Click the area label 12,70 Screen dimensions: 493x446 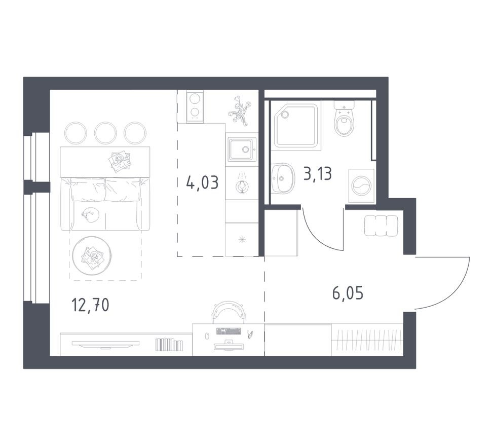point(91,305)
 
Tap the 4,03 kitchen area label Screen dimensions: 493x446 point(202,182)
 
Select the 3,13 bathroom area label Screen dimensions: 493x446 point(318,173)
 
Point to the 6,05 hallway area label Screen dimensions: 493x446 point(348,293)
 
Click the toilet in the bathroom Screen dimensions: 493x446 point(344,119)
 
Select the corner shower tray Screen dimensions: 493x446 point(297,126)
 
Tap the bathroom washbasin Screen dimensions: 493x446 point(282,178)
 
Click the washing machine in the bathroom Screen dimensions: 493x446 point(361,186)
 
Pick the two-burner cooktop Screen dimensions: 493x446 point(195,106)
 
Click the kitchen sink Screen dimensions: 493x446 point(241,150)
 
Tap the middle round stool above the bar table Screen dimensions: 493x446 point(105,133)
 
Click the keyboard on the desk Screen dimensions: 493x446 point(229,331)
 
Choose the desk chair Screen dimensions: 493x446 point(229,312)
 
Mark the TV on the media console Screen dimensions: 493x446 point(105,344)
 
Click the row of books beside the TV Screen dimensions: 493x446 point(169,345)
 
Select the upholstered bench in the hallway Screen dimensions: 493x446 point(381,226)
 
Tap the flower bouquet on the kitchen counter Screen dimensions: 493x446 point(240,110)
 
